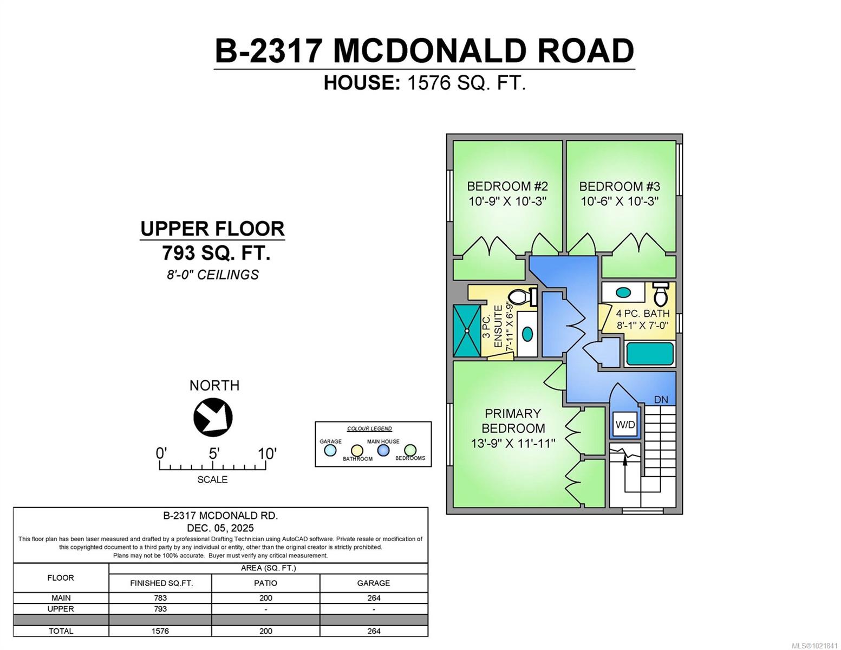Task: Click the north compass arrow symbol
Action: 213,417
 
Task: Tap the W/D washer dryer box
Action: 625,425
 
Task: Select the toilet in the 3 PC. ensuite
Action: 522,297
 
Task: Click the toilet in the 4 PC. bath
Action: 660,294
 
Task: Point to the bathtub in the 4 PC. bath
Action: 650,354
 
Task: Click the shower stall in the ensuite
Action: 467,330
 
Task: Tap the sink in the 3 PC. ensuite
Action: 527,334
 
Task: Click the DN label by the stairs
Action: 661,400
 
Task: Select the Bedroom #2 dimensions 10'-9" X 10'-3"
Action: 507,201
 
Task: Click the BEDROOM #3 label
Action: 620,186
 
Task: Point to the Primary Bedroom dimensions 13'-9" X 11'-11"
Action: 513,443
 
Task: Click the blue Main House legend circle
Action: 383,450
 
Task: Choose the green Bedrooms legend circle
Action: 410,450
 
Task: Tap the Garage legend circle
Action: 330,450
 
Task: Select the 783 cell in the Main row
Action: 160,598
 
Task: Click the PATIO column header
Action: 265,583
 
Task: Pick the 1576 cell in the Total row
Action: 160,631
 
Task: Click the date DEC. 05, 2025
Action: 220,528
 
